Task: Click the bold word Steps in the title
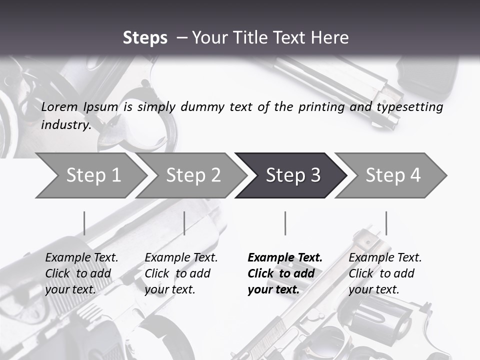click(145, 38)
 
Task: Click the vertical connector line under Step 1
click(84, 223)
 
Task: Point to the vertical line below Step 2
click(184, 223)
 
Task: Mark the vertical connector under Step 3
click(285, 223)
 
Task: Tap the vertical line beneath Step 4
click(386, 223)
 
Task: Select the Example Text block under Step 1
click(81, 273)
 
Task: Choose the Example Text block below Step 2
click(181, 273)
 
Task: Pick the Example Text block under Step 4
click(385, 273)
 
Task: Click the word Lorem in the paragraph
click(59, 107)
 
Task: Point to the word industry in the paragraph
click(65, 125)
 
